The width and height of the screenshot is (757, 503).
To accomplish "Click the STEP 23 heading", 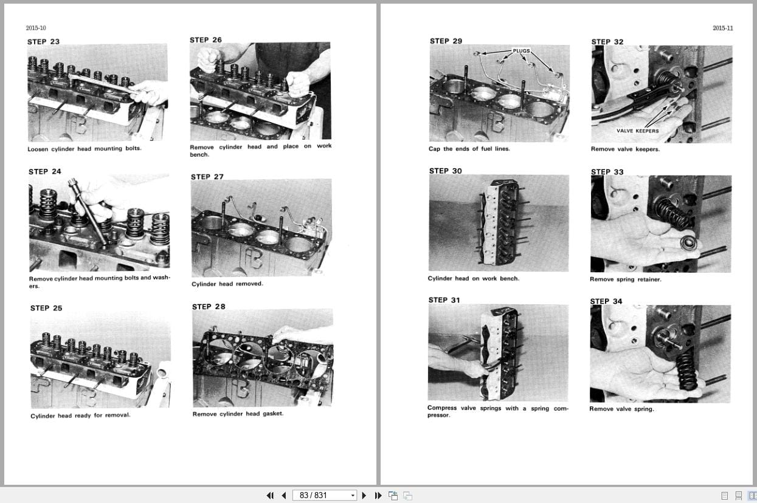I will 43,42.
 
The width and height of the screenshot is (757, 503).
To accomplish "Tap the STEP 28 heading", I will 209,307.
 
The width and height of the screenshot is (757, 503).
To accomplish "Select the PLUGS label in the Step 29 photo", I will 521,51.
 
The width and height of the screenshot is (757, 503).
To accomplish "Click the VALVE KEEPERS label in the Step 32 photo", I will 637,131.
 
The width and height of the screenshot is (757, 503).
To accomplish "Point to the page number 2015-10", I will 36,28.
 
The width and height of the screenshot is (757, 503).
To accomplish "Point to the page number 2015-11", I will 722,28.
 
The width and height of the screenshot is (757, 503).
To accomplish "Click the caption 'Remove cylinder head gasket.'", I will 238,414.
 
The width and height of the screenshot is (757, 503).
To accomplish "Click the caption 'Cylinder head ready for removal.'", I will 80,416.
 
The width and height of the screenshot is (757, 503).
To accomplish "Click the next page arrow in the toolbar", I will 364,496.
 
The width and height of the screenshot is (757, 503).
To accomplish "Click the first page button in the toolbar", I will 270,496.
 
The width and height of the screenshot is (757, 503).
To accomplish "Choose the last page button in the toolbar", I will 378,496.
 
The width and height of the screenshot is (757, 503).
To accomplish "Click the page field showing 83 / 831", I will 320,496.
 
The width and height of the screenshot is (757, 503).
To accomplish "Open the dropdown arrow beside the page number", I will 352,496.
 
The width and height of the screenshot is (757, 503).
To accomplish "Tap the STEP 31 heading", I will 444,300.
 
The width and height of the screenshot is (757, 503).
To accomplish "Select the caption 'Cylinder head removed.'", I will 227,284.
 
